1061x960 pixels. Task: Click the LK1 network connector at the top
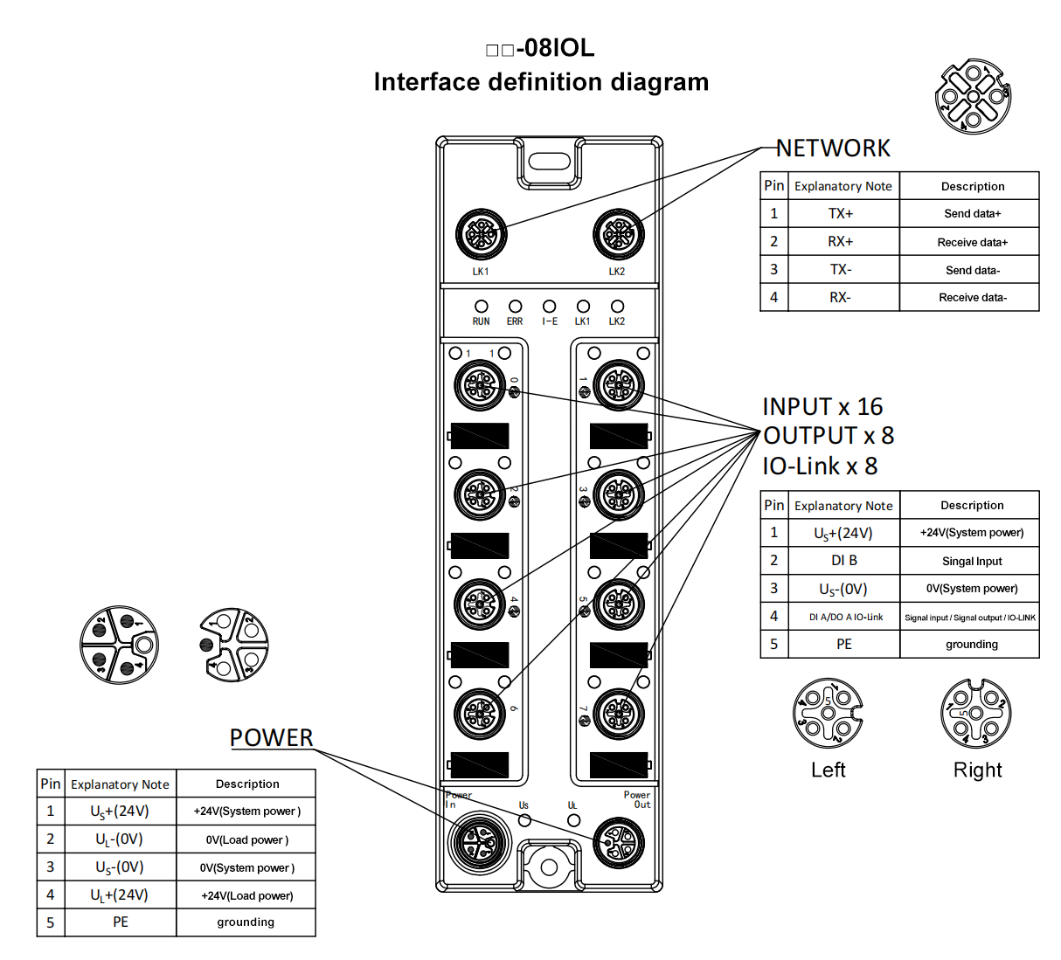click(481, 234)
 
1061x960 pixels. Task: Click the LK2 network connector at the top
click(618, 234)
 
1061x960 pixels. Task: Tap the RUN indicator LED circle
click(481, 307)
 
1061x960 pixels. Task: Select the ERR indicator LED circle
click(515, 307)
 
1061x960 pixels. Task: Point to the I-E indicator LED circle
click(549, 307)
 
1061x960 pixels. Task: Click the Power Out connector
click(618, 843)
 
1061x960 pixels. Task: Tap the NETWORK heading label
click(833, 148)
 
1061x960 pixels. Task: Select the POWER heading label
click(271, 738)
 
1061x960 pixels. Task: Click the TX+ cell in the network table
click(841, 214)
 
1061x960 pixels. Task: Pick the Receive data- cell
click(972, 298)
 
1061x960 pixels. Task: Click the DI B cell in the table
click(843, 561)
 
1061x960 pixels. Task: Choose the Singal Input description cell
click(972, 561)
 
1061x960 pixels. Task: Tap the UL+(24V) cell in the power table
click(120, 895)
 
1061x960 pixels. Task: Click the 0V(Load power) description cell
click(246, 840)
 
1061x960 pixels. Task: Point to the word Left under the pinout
click(828, 770)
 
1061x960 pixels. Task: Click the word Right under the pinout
click(977, 770)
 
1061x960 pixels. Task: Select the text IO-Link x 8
click(820, 466)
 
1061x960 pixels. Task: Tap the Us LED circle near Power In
click(524, 820)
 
